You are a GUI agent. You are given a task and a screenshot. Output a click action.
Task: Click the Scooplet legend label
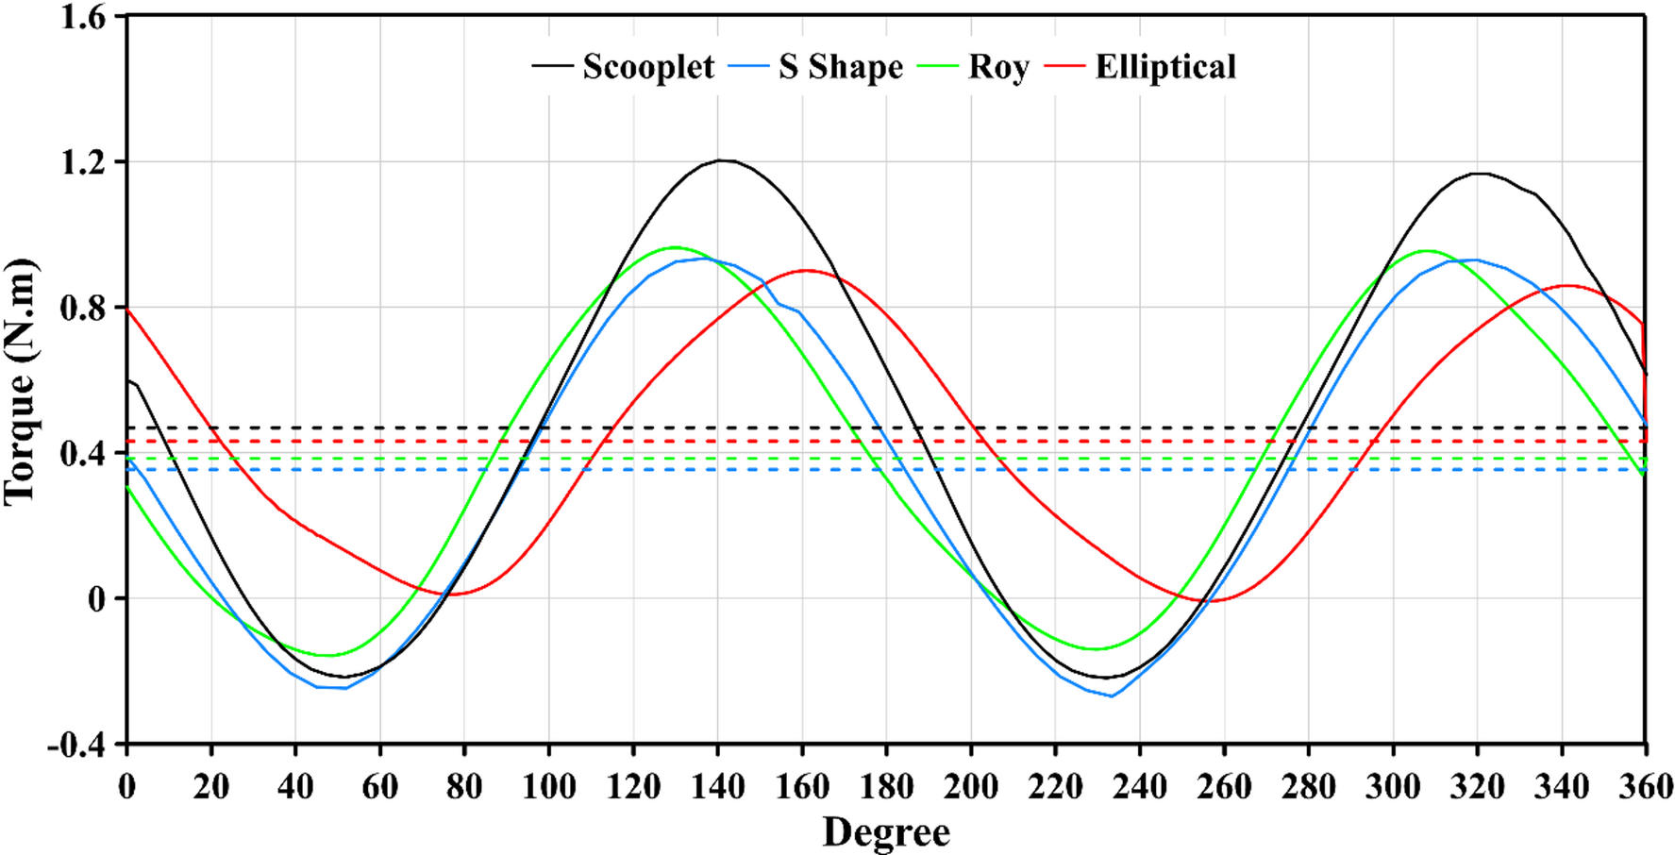click(x=648, y=67)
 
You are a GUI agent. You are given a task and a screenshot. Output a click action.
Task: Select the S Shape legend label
click(x=841, y=67)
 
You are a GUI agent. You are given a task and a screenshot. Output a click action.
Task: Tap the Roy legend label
click(x=997, y=67)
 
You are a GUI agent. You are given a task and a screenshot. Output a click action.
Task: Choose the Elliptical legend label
click(x=1165, y=67)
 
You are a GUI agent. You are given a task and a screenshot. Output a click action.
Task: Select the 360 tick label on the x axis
click(x=1645, y=786)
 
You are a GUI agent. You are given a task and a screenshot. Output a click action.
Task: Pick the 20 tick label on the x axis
click(x=210, y=786)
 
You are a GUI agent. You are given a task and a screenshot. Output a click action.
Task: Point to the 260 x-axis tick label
click(x=1224, y=786)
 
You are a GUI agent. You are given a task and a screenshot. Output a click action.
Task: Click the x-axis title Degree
click(x=886, y=832)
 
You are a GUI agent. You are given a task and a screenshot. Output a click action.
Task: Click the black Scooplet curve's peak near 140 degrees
click(x=721, y=160)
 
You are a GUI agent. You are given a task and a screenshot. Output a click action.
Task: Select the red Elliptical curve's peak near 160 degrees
click(x=804, y=270)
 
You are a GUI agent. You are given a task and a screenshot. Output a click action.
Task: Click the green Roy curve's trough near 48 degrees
click(x=327, y=655)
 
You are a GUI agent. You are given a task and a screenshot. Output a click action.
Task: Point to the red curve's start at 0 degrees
click(x=127, y=309)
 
